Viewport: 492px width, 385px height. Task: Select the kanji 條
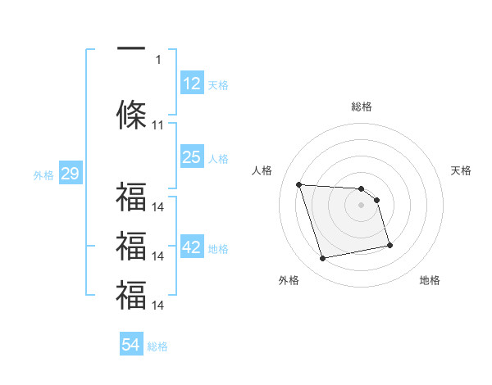click(x=131, y=115)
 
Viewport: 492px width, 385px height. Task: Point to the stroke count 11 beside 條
click(x=158, y=125)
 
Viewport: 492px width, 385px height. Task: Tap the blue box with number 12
click(x=191, y=84)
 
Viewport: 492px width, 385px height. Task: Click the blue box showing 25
click(x=191, y=157)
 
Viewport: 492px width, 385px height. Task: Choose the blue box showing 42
click(x=191, y=248)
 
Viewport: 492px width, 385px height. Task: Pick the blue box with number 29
click(x=70, y=174)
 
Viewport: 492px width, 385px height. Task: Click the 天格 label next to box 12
click(x=218, y=85)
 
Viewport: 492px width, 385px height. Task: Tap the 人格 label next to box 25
click(x=218, y=159)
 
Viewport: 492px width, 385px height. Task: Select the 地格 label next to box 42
click(x=218, y=249)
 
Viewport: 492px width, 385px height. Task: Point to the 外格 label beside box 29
click(x=43, y=175)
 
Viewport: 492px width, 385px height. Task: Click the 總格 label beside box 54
click(x=157, y=346)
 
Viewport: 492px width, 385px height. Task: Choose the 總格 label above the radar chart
click(x=362, y=106)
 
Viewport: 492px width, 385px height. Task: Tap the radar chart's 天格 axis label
click(x=461, y=170)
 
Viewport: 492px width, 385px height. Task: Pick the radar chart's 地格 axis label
click(x=430, y=280)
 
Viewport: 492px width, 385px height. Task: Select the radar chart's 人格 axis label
click(x=262, y=170)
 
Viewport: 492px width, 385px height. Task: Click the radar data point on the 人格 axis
click(x=299, y=184)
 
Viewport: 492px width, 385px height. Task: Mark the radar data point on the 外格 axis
click(x=323, y=259)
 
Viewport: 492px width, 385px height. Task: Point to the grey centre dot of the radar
click(x=362, y=205)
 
